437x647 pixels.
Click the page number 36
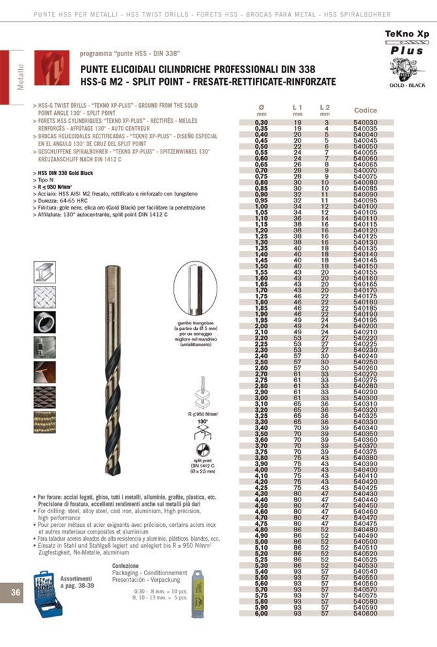(16, 592)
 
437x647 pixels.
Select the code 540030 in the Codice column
(365, 122)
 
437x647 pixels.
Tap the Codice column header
(365, 110)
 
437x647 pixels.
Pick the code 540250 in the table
(365, 361)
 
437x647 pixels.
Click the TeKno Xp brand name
(407, 32)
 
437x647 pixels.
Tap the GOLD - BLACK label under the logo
(407, 86)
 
